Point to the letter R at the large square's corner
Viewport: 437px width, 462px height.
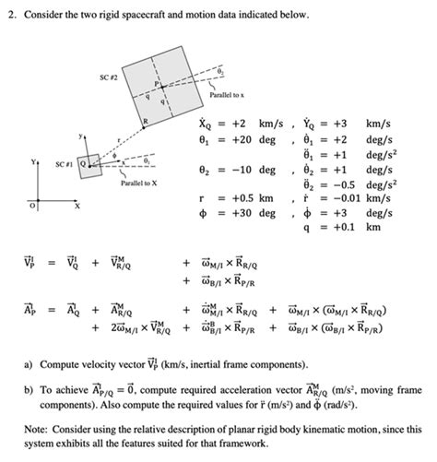(x=145, y=123)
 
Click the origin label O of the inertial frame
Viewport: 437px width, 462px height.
(x=30, y=206)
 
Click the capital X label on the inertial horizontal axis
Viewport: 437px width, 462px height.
(x=78, y=206)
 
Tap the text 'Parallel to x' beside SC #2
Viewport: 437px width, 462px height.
(x=229, y=95)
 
